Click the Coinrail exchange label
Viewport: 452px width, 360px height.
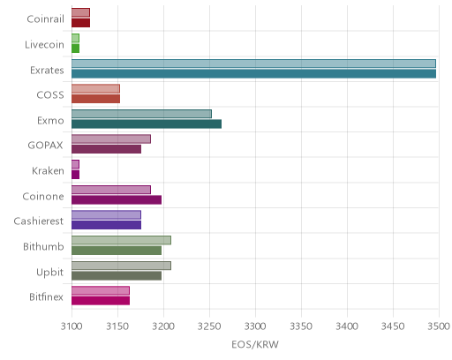[x=45, y=19]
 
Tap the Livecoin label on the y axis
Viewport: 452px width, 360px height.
[x=44, y=45]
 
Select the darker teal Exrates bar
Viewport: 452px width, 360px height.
[x=253, y=74]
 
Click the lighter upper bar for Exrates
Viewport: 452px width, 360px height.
[x=253, y=64]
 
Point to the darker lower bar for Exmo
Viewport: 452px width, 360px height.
[x=147, y=124]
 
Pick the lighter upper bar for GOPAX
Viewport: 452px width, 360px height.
[x=111, y=139]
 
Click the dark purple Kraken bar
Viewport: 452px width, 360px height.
[x=75, y=175]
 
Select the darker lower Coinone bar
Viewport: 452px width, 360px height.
[x=117, y=200]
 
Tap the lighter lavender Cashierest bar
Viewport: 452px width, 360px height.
[x=106, y=215]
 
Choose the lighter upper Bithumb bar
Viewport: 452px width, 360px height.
[x=121, y=240]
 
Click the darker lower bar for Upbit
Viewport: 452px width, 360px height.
[x=117, y=276]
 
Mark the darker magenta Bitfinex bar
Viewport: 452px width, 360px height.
[x=101, y=301]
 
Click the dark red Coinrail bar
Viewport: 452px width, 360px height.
[x=80, y=23]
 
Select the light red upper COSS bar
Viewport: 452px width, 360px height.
[x=95, y=89]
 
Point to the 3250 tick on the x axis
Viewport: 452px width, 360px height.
[x=209, y=326]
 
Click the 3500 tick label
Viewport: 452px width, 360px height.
[x=439, y=326]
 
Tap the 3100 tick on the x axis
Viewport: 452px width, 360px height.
[x=72, y=326]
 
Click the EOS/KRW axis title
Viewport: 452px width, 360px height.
[x=255, y=344]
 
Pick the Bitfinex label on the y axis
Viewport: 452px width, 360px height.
[x=46, y=297]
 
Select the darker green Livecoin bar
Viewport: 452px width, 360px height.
[x=75, y=49]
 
